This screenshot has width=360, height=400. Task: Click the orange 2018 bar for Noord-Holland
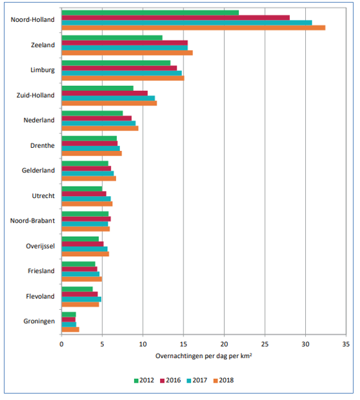click(x=194, y=28)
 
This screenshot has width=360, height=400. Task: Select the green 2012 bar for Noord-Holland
click(x=150, y=13)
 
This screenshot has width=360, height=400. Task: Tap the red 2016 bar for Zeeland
click(x=125, y=43)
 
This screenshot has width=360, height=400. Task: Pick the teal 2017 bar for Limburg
click(x=122, y=73)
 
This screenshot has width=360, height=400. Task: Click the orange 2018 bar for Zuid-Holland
click(x=109, y=103)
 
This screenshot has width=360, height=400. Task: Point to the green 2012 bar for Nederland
click(x=92, y=114)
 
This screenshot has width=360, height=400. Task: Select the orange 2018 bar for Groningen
click(x=70, y=329)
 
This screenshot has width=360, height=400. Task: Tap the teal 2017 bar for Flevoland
click(x=81, y=299)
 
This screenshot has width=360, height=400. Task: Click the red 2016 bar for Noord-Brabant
click(x=86, y=219)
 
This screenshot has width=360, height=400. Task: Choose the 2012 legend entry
click(x=144, y=381)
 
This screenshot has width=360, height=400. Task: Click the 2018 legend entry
click(x=224, y=381)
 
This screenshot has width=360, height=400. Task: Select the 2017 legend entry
click(x=197, y=381)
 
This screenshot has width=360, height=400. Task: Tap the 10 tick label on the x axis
click(x=143, y=344)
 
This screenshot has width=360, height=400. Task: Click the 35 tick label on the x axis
click(x=346, y=344)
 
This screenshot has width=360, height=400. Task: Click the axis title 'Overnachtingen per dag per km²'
click(x=204, y=356)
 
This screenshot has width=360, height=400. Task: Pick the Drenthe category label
click(x=43, y=145)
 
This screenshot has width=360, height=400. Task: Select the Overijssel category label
click(x=40, y=246)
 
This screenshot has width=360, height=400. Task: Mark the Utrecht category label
click(x=43, y=195)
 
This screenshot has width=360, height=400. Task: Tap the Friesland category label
click(x=41, y=271)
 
